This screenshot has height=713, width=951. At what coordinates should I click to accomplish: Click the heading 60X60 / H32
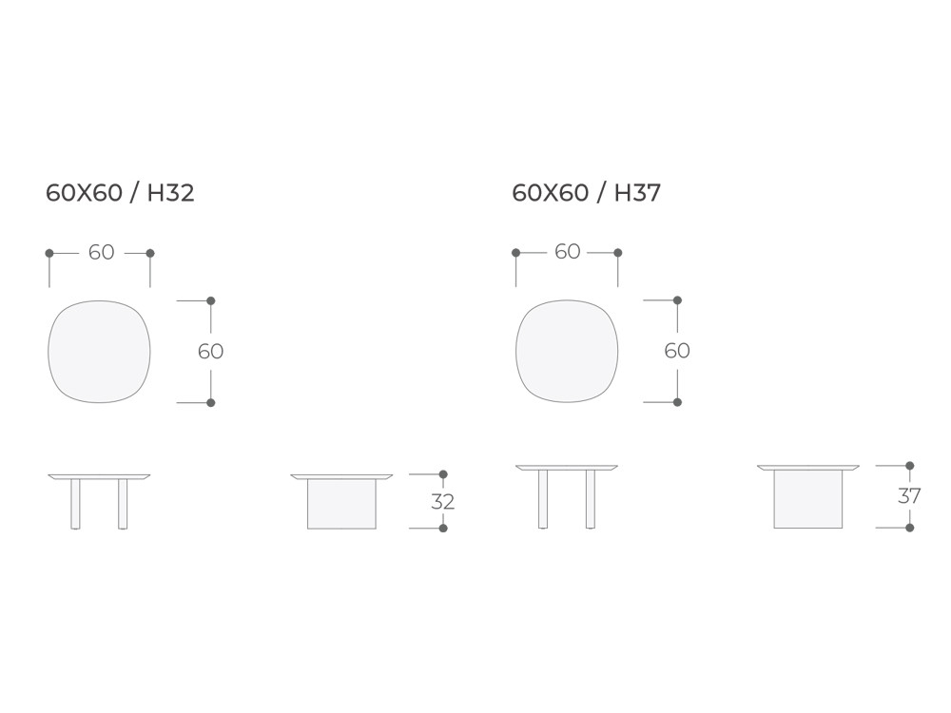(120, 193)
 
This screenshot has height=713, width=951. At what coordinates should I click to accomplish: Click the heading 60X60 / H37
(587, 193)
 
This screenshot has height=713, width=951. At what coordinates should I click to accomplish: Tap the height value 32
(443, 501)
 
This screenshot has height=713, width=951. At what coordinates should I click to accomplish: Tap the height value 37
(909, 496)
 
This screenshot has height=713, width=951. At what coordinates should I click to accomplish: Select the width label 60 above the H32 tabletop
(102, 252)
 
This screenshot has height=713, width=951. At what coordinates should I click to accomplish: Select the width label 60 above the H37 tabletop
(568, 252)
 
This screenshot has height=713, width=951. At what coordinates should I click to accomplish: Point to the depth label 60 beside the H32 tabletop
(210, 351)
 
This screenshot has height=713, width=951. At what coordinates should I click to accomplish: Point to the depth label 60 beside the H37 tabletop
(677, 351)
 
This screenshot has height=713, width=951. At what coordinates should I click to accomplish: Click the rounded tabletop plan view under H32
(99, 352)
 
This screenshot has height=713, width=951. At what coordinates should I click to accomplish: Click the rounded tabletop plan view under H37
(567, 351)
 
